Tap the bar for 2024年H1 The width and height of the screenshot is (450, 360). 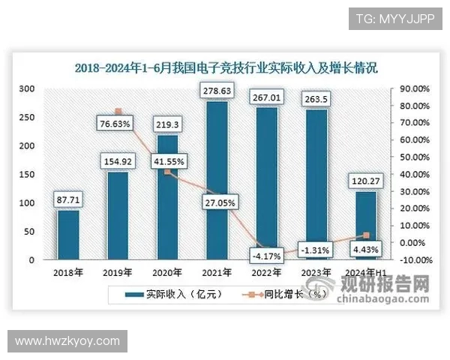(x=365, y=225)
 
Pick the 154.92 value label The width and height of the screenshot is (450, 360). (x=118, y=160)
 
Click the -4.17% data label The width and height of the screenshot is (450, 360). (x=266, y=255)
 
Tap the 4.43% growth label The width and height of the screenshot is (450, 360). (x=364, y=249)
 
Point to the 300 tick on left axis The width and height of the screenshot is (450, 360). (x=27, y=89)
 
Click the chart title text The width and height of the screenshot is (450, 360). (x=225, y=67)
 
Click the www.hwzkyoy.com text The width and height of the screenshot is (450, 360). (x=67, y=341)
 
